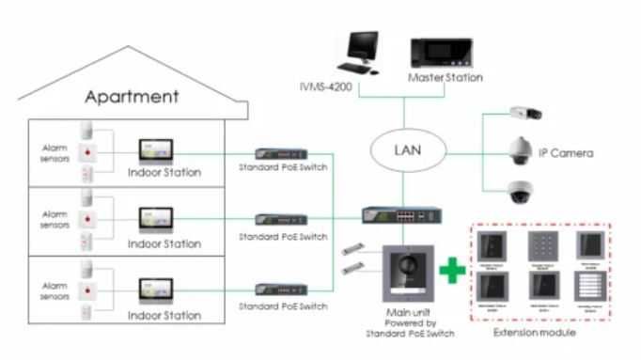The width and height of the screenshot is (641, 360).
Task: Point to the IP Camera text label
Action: [x=566, y=152]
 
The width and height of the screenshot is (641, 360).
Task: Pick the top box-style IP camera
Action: [x=523, y=114]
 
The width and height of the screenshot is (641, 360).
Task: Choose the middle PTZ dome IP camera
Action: [x=520, y=149]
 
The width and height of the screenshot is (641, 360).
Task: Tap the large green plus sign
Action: [x=454, y=270]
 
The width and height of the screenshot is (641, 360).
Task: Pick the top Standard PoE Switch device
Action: [x=282, y=154]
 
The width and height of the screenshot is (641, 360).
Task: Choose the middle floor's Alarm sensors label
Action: [x=53, y=220]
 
